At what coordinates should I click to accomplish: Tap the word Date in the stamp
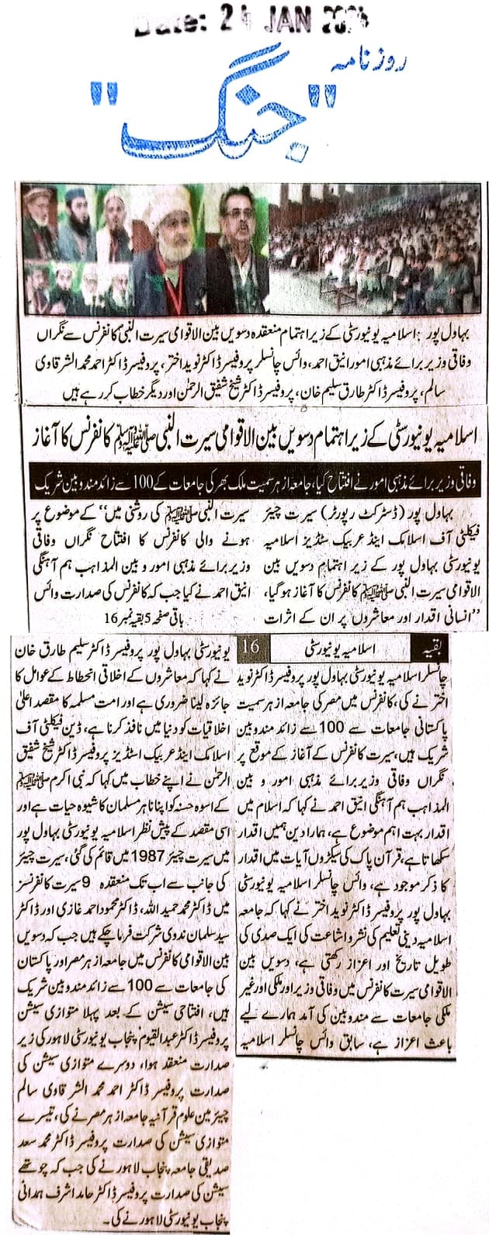pyautogui.click(x=165, y=28)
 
